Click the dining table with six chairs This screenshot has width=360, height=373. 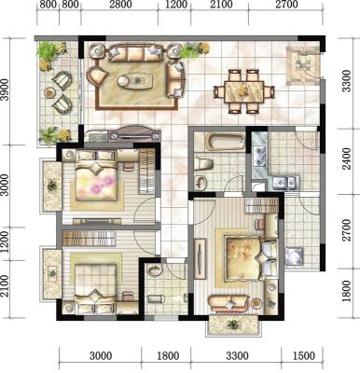click(244, 91)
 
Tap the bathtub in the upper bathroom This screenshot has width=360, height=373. click(226, 143)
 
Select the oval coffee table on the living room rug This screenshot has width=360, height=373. click(135, 80)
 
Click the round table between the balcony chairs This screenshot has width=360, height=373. click(49, 92)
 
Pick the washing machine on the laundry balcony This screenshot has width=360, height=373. click(294, 256)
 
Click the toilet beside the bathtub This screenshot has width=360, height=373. click(203, 163)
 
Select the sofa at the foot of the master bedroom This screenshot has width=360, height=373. click(228, 303)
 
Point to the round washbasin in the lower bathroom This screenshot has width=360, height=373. click(154, 269)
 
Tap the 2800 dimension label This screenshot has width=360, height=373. click(120, 5)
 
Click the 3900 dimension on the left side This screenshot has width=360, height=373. click(5, 90)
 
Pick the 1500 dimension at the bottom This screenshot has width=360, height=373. click(303, 355)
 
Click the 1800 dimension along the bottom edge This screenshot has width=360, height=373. click(168, 355)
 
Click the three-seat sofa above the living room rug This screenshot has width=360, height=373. click(136, 53)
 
